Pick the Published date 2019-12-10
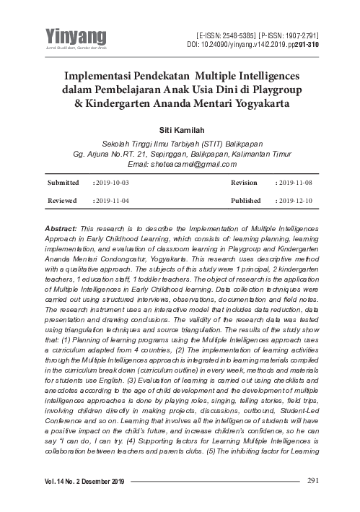coord(298,200)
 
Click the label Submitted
coord(63,183)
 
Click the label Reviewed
coord(63,200)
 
